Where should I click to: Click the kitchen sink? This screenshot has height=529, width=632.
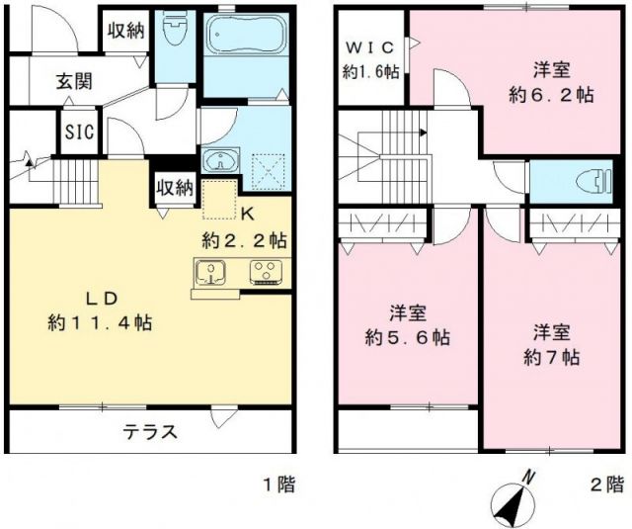point(211,271)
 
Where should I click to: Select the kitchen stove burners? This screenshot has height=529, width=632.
point(266,271)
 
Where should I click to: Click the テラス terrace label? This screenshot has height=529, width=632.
point(150,431)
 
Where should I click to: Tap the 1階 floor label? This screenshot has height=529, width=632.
point(277,485)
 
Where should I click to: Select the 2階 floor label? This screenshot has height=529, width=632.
point(606,485)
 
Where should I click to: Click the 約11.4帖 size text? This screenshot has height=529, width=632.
point(99,321)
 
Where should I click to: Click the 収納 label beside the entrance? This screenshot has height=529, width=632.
point(125,31)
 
